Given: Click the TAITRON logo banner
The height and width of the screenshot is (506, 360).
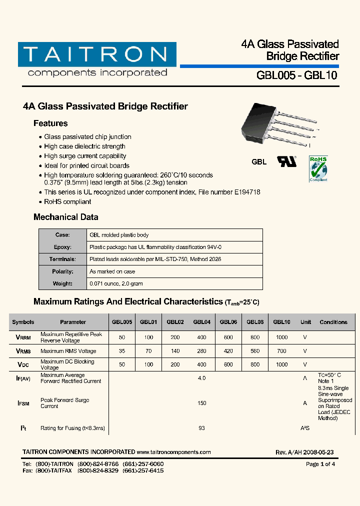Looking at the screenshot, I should (97, 54).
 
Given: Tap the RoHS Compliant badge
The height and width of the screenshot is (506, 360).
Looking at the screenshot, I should (318, 168).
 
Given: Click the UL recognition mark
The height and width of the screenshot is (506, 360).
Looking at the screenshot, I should (287, 161).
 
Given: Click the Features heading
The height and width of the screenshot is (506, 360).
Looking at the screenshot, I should (50, 123).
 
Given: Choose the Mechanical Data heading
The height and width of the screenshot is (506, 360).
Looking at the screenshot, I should (65, 217).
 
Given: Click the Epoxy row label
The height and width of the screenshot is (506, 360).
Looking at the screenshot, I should (62, 247).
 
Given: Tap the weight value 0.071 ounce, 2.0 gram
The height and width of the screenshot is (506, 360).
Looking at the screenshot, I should (116, 283).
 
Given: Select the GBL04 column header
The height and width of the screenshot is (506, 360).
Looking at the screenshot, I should (201, 322).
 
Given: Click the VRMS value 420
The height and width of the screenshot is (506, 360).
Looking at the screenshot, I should (228, 351).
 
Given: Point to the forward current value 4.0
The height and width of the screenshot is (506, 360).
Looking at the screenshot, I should (201, 378).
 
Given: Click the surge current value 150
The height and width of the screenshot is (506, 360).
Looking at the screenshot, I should (201, 403).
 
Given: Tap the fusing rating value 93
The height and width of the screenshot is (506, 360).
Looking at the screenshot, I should (201, 428).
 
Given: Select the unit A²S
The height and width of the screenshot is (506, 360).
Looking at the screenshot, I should (305, 428).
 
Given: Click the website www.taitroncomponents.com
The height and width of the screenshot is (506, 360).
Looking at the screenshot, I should (173, 452).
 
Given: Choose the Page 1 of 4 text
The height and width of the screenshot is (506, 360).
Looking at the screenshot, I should (320, 464).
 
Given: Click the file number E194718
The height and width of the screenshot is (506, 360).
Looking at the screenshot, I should (245, 192).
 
